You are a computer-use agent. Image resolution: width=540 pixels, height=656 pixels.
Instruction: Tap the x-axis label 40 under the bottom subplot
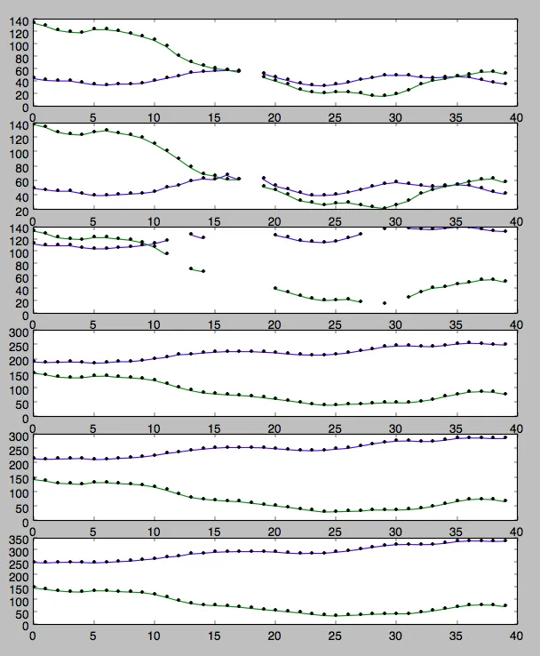515,636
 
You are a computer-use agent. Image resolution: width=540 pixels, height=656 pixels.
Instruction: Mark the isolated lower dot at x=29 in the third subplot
385,303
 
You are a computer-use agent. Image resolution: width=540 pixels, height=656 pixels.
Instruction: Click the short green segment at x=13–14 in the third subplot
197,269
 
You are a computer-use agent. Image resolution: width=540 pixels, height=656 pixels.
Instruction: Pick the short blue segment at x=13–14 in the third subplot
197,236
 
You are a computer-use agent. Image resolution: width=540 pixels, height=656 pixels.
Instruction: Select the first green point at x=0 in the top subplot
34,23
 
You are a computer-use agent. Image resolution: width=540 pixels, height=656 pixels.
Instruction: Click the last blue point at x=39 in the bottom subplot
504,540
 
